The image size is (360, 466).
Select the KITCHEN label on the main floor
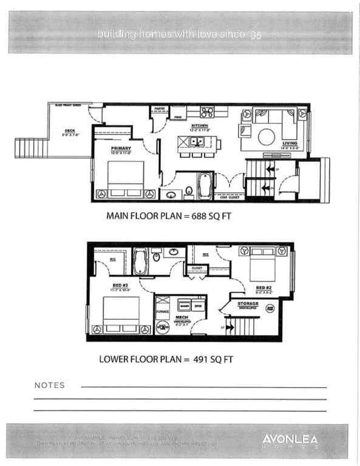(x=200, y=127)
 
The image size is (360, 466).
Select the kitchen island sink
(x=197, y=141)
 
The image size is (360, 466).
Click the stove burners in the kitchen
(x=207, y=112)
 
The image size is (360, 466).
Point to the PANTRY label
(x=160, y=109)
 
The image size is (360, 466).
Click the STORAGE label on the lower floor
(x=248, y=303)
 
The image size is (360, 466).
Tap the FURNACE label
(x=162, y=311)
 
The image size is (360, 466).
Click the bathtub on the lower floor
(x=141, y=262)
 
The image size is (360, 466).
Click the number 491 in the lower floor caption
(x=199, y=359)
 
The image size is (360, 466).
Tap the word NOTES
(x=50, y=385)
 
